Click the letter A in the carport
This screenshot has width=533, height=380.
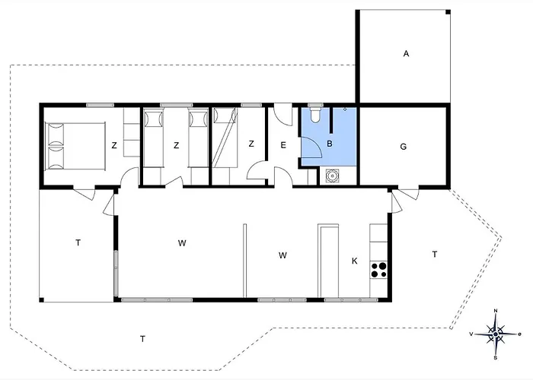coord(406,53)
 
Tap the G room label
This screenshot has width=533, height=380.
coord(403,147)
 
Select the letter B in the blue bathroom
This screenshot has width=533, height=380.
coord(330,142)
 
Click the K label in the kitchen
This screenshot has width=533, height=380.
coord(354,261)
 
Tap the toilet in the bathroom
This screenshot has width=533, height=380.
coord(314,116)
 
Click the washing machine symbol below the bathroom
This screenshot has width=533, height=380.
coord(331,176)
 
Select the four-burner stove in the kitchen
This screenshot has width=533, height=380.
coord(378,268)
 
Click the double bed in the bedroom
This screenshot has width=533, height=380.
coord(75,145)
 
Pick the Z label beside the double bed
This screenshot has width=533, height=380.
coord(113,145)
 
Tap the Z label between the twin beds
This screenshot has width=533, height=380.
coord(176,145)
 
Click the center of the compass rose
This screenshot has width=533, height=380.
coord(496,333)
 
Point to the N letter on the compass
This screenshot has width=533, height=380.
coord(496,311)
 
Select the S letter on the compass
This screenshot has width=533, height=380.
coord(496,356)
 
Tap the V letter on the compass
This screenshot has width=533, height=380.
coord(472,334)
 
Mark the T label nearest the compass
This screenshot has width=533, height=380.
coord(434,254)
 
